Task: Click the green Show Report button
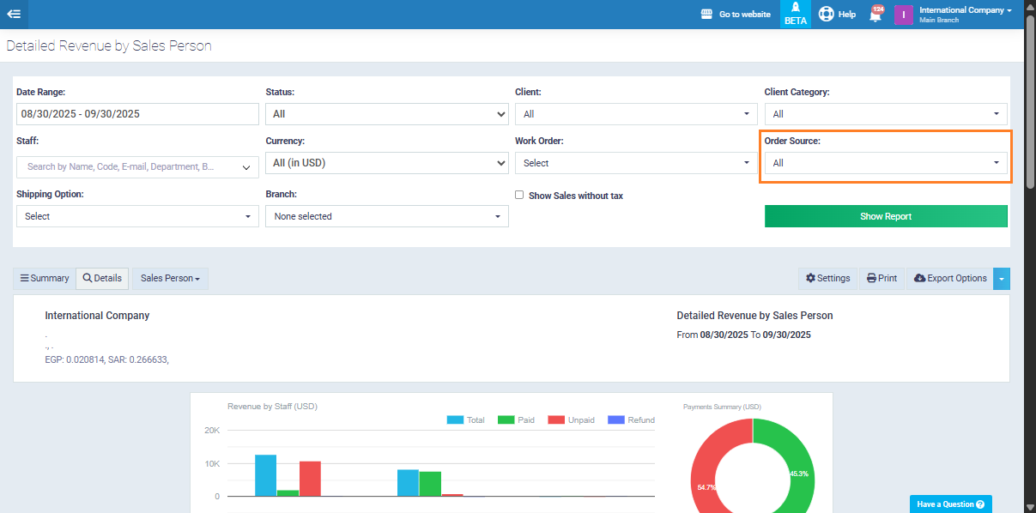click(886, 216)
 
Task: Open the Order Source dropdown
click(886, 163)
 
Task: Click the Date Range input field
click(137, 114)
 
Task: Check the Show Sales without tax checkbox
click(519, 195)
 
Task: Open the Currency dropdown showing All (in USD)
click(386, 163)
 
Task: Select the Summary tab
click(45, 278)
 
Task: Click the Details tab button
click(102, 278)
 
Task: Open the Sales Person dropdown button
click(170, 278)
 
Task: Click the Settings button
click(827, 278)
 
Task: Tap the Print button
click(882, 278)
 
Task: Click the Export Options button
click(950, 278)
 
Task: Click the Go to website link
click(736, 15)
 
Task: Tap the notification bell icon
click(875, 15)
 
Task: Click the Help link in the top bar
click(837, 15)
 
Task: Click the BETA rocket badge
click(796, 14)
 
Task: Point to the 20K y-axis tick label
click(211, 431)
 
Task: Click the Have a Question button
click(950, 504)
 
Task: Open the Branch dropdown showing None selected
click(386, 216)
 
